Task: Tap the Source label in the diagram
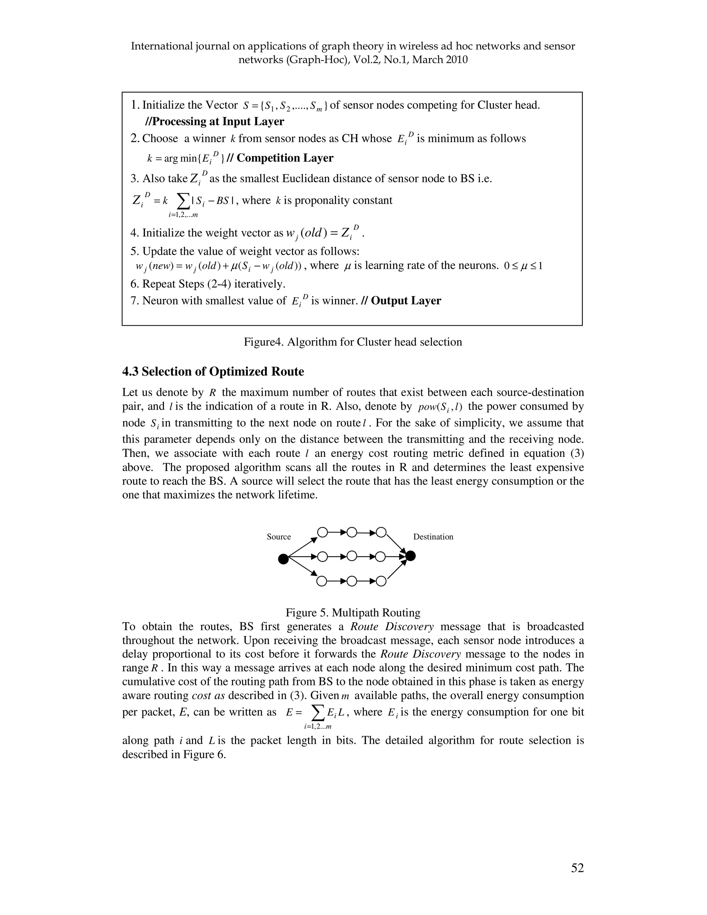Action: [279, 537]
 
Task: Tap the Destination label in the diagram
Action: [433, 537]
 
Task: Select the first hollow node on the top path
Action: [322, 532]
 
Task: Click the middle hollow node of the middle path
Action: [352, 556]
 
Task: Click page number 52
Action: [577, 868]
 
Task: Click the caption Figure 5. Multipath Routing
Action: [353, 613]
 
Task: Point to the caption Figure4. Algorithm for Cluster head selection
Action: [353, 342]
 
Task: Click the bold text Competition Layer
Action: [285, 158]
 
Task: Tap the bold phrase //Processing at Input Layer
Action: [214, 122]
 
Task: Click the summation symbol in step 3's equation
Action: [183, 201]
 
